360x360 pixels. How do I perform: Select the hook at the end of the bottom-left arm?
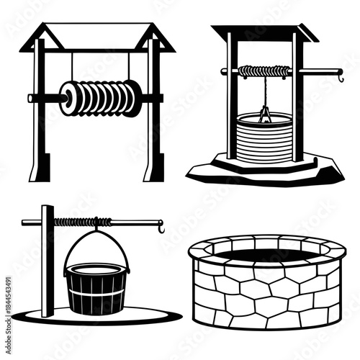pos(161,228)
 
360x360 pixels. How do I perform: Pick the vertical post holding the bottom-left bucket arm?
pos(48,259)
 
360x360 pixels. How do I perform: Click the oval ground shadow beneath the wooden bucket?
pos(144,314)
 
